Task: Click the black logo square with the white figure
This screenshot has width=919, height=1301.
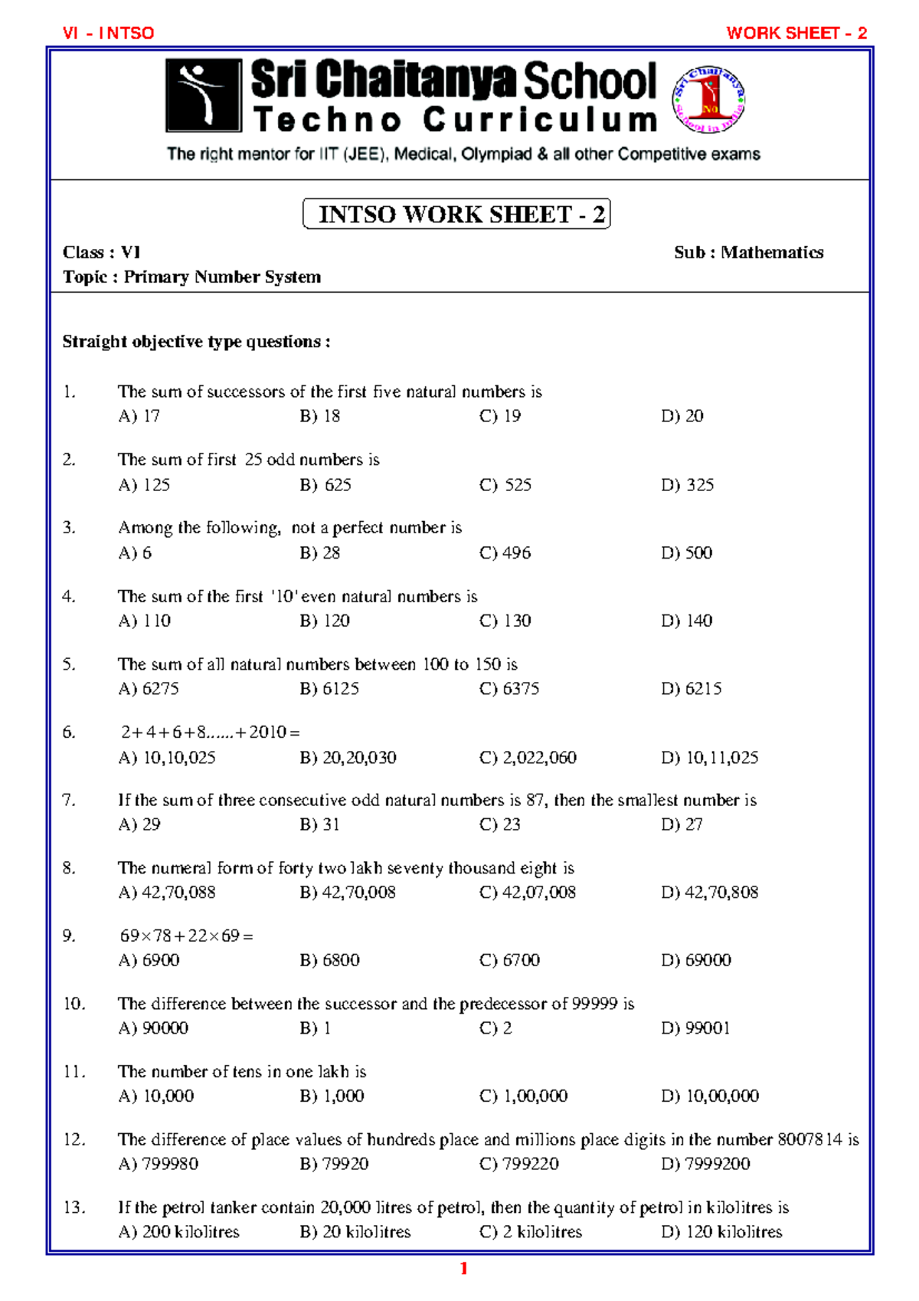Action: [203, 96]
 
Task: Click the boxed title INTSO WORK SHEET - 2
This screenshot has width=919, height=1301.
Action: [456, 214]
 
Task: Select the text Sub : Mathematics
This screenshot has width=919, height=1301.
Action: [748, 252]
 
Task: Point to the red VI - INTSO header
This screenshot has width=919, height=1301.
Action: [109, 33]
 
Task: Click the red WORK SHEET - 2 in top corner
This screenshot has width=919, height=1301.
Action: [796, 33]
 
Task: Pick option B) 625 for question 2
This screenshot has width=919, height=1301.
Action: [325, 485]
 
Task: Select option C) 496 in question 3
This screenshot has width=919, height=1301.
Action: [505, 552]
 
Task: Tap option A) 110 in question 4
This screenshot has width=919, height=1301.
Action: [145, 621]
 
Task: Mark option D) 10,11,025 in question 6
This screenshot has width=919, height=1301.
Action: [709, 758]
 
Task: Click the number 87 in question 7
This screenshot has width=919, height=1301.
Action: [535, 800]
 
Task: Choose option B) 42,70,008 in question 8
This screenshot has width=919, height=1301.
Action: [348, 893]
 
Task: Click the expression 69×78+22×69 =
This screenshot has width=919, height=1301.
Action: [186, 936]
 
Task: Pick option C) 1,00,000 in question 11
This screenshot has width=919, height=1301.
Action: [524, 1096]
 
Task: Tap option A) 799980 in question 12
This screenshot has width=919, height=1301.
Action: [159, 1164]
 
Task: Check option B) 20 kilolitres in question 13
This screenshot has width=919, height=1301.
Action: [355, 1232]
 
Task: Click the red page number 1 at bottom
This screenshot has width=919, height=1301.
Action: [463, 1269]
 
